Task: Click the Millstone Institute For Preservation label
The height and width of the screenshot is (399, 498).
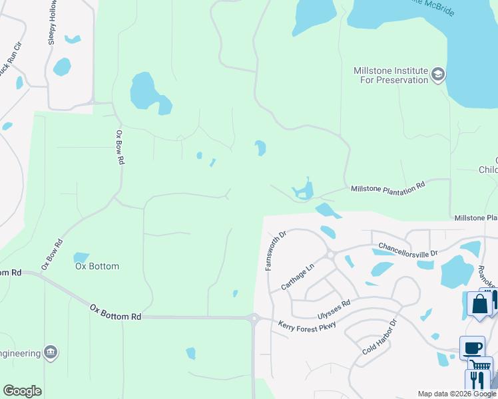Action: pyautogui.click(x=391, y=75)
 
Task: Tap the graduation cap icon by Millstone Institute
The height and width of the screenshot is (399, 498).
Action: pyautogui.click(x=437, y=74)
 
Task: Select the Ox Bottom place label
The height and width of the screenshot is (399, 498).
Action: pyautogui.click(x=97, y=267)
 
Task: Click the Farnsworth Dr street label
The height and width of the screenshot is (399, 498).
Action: pyautogui.click(x=270, y=251)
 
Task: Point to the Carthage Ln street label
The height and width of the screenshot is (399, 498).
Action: pyautogui.click(x=297, y=277)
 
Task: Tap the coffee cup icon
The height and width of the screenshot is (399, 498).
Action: pyautogui.click(x=472, y=348)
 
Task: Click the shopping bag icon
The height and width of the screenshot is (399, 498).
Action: pyautogui.click(x=479, y=305)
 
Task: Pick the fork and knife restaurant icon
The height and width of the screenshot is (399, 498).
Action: pyautogui.click(x=477, y=380)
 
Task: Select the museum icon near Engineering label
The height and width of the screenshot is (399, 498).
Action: pyautogui.click(x=49, y=352)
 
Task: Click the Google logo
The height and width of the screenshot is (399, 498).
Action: pyautogui.click(x=22, y=391)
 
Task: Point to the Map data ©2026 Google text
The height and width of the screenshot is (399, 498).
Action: pyautogui.click(x=456, y=394)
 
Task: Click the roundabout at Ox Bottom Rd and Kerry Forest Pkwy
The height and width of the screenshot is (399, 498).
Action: pyautogui.click(x=253, y=318)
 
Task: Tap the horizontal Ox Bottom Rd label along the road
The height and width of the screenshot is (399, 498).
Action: pyautogui.click(x=116, y=312)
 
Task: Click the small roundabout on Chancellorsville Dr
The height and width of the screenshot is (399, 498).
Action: pyautogui.click(x=330, y=255)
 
